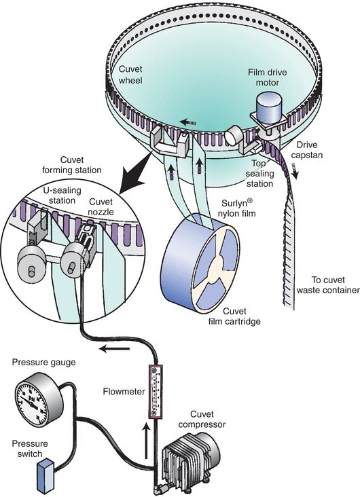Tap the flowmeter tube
pyautogui.click(x=157, y=392)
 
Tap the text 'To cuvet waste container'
pyautogui.click(x=325, y=283)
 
